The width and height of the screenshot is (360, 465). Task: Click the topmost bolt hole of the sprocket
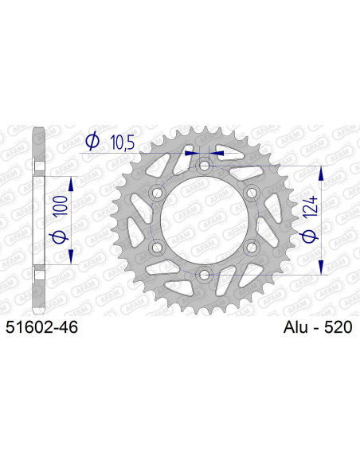205,166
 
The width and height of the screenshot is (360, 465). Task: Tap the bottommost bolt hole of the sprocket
205,275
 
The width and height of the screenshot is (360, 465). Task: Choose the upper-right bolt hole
252,193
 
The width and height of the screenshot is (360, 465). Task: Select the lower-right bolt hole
252,248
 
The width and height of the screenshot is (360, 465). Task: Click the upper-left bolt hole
157,193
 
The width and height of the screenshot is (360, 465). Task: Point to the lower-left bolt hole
157,248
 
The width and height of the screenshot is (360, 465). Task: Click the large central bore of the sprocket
205,221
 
